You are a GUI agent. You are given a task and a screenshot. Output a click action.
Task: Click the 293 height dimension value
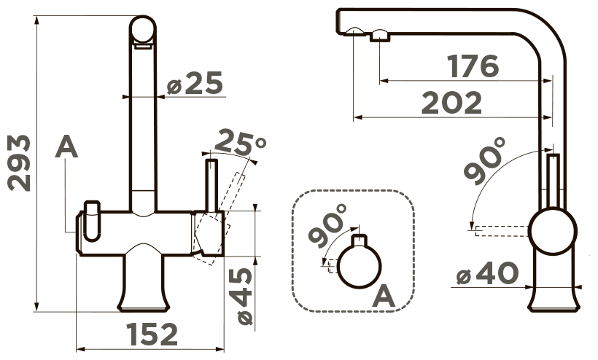pos(20,163)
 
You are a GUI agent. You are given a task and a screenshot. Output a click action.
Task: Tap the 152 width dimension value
pos(152,334)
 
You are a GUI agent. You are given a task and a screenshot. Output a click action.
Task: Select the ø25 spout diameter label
pos(195,82)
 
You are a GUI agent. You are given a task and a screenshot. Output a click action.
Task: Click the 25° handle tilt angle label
pos(240,144)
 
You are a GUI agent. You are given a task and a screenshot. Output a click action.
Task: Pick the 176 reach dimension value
pos(473,66)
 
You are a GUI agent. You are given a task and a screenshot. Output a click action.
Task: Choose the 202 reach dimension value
pos(451,103)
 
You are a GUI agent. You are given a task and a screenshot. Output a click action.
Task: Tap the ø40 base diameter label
pos(487,273)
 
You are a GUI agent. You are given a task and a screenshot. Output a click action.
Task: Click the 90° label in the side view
pos(485,160)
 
